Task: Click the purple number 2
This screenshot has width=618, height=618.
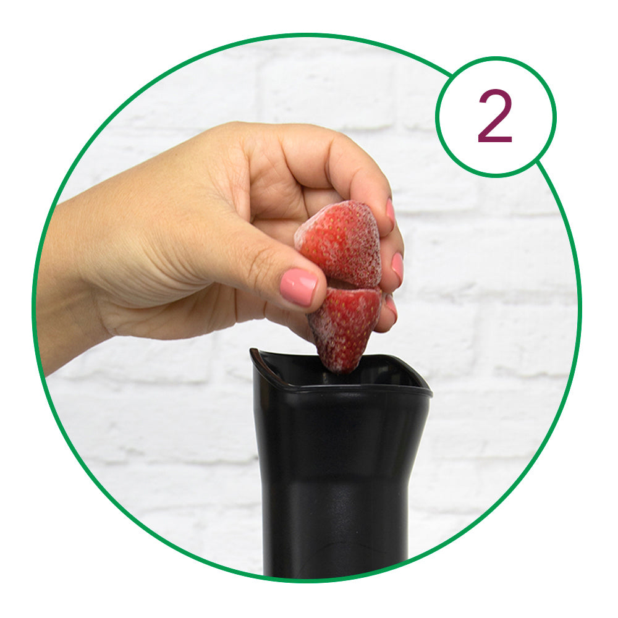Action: tap(495, 116)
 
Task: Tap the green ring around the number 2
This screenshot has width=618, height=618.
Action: tap(496, 58)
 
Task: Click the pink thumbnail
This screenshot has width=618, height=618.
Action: tap(298, 287)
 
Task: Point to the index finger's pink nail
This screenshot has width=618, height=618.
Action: tap(390, 211)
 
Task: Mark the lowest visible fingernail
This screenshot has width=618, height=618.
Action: tap(391, 307)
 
